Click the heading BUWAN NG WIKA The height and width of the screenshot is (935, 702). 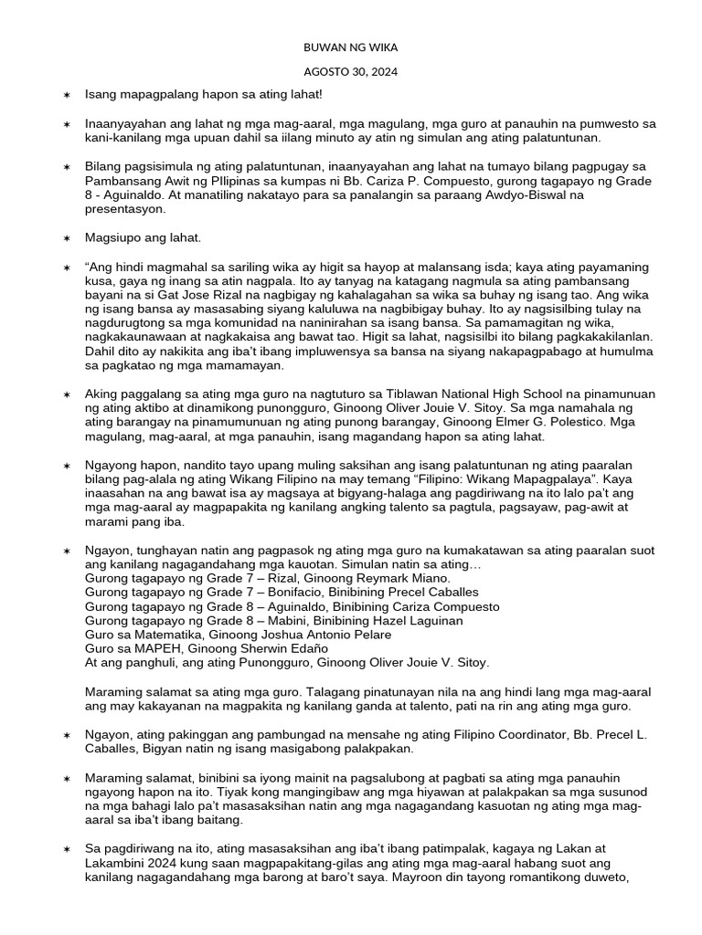pos(351,47)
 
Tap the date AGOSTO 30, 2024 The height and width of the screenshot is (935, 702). pos(351,71)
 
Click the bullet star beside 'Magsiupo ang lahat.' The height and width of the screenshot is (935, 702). pos(66,238)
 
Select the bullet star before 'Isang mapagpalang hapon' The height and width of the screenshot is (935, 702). pos(66,95)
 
